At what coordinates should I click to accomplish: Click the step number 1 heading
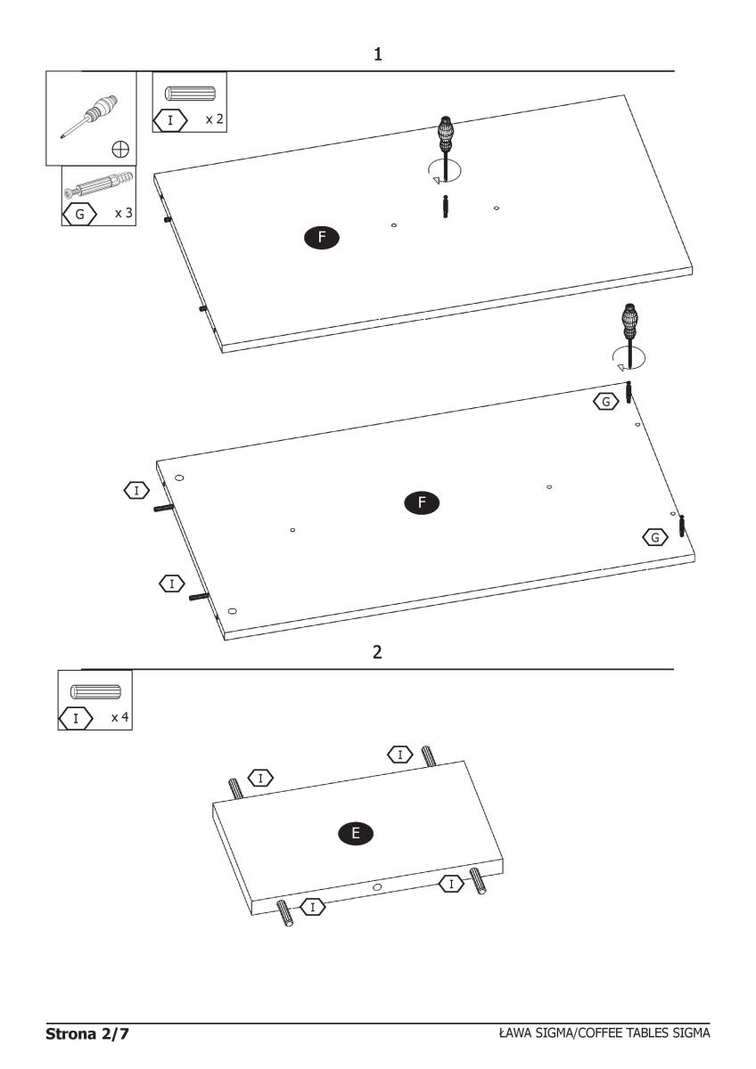point(377,54)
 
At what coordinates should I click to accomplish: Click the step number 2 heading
point(377,652)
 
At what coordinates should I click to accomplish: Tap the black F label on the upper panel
point(322,237)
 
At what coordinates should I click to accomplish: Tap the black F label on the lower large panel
point(422,502)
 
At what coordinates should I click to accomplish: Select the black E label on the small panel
point(356,833)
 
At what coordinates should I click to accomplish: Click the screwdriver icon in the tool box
point(90,117)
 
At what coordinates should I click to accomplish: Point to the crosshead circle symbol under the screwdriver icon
point(120,150)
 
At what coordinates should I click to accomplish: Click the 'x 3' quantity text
point(124,213)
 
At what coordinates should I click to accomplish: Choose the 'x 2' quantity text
point(215,118)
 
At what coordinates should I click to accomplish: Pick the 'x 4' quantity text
point(119,717)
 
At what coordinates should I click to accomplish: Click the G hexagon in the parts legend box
point(79,215)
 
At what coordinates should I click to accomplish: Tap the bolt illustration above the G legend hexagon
point(98,184)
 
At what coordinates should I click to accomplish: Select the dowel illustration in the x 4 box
point(95,691)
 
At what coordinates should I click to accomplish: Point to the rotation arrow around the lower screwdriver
point(629,358)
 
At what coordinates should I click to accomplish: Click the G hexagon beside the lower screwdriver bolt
point(606,402)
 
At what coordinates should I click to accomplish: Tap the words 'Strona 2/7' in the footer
point(86,1033)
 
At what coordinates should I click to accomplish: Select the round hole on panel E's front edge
point(377,887)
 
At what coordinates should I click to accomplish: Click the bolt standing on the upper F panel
point(445,206)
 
